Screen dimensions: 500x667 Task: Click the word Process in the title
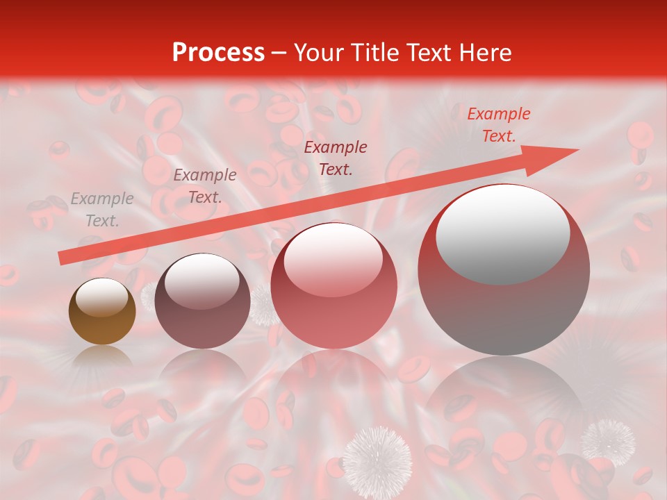218,53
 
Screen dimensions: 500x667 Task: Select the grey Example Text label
102,209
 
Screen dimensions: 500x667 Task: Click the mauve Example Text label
204,185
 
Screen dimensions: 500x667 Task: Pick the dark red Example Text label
336,158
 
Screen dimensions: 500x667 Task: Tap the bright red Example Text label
498,124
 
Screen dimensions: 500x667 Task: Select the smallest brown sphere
102,312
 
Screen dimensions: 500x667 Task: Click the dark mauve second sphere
202,301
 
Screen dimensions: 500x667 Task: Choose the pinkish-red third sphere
333,286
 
